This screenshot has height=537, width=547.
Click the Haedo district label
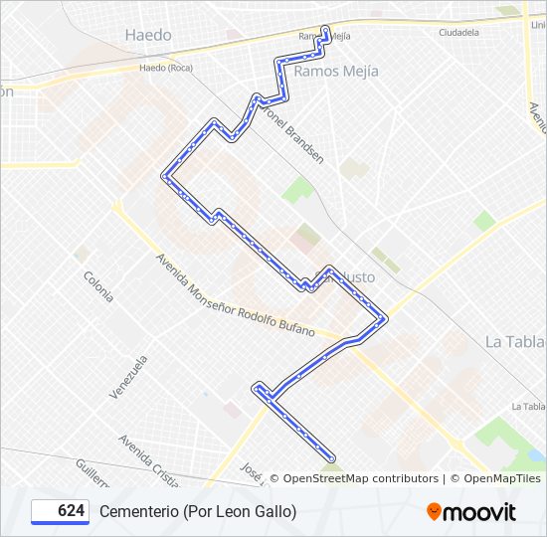click(148, 35)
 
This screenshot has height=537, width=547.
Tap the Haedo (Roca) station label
click(166, 68)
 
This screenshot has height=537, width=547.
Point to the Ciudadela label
click(458, 32)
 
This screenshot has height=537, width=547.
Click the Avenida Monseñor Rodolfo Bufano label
click(235, 294)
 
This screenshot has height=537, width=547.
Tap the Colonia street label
click(97, 286)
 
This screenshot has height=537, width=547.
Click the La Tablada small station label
click(528, 406)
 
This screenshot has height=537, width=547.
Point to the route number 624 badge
click(61, 511)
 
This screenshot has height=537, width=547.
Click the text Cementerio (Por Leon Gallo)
click(198, 511)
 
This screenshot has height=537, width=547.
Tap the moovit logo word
click(479, 512)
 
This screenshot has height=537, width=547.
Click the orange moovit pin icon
click(434, 511)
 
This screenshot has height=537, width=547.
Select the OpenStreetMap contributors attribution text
click(360, 478)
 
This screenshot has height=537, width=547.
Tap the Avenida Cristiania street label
click(148, 460)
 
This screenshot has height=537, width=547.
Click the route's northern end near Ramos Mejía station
click(326, 30)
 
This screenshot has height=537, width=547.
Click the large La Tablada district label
click(515, 341)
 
